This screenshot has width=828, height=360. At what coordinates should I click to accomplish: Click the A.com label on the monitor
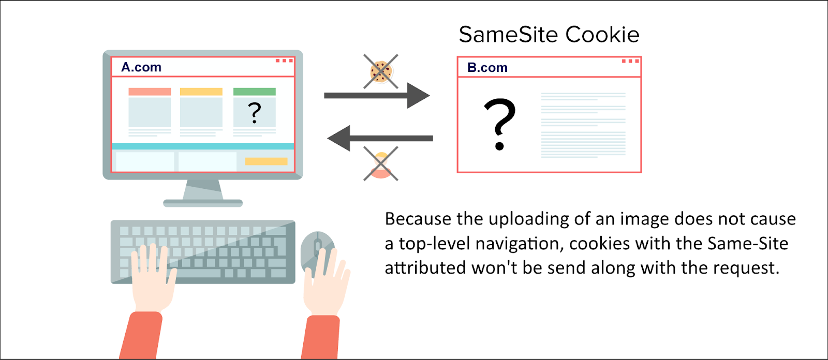141,67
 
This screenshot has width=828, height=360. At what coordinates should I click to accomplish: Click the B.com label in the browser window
487,68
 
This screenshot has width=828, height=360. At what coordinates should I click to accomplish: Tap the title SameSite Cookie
549,35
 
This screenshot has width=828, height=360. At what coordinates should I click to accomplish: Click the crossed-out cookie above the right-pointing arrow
381,71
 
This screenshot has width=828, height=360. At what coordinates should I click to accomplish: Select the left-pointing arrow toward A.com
380,138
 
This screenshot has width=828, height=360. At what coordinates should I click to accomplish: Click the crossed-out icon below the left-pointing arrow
381,163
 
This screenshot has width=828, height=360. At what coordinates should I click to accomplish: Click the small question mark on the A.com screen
254,112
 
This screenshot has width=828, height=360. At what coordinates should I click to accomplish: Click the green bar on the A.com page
255,92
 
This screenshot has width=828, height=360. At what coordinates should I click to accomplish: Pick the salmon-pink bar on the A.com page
150,92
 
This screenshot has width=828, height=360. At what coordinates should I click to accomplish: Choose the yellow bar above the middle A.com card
201,92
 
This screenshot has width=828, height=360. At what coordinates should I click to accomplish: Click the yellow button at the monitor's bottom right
266,161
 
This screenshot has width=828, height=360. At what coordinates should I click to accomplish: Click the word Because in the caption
418,219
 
